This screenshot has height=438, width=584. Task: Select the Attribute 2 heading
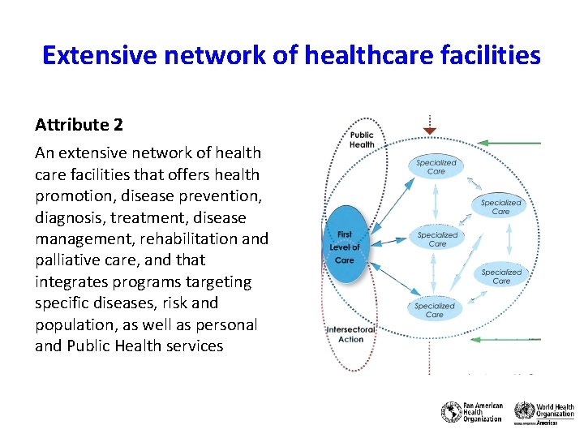[79, 125]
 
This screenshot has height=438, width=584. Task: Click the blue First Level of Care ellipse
[344, 247]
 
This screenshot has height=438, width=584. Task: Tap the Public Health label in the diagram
[362, 140]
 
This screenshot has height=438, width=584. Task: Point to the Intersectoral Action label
[350, 334]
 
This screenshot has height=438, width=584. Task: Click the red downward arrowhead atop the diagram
[430, 131]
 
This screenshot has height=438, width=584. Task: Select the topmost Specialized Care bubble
[436, 167]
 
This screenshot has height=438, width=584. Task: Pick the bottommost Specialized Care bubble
[435, 310]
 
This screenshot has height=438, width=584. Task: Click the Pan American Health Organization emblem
[451, 411]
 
